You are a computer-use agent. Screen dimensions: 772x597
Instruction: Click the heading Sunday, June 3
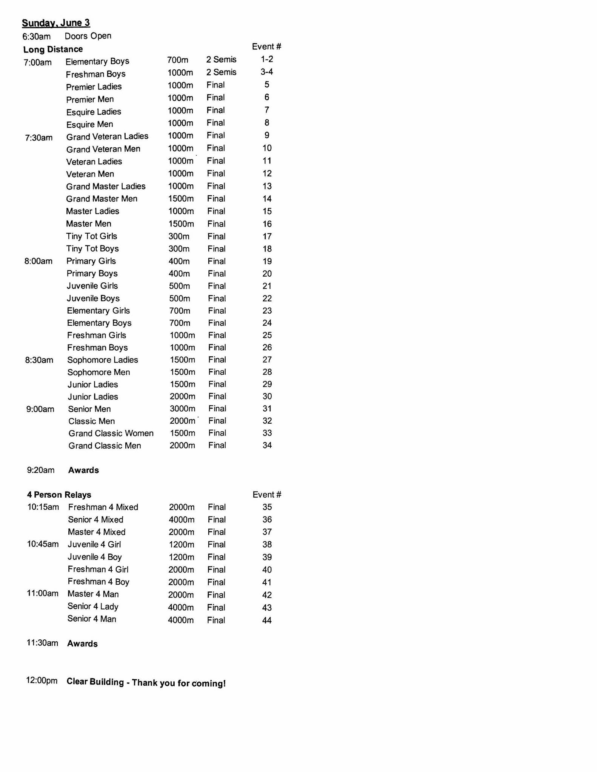pyautogui.click(x=56, y=23)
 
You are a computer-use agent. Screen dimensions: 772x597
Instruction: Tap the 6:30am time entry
pyautogui.click(x=36, y=37)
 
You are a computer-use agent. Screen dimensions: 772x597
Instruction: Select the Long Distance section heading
pyautogui.click(x=53, y=49)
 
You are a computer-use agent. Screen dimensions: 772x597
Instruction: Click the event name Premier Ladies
pyautogui.click(x=94, y=87)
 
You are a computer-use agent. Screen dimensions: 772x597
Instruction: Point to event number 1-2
pyautogui.click(x=267, y=59)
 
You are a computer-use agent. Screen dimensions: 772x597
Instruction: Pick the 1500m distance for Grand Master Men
pyautogui.click(x=181, y=199)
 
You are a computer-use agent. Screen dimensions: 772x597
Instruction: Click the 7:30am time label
pyautogui.click(x=38, y=138)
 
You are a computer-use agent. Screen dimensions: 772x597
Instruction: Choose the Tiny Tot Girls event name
pyautogui.click(x=91, y=236)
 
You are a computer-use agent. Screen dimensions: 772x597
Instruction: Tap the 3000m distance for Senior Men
pyautogui.click(x=182, y=409)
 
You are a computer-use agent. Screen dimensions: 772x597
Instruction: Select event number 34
pyautogui.click(x=267, y=445)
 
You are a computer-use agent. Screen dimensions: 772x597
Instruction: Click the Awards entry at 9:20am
pyautogui.click(x=83, y=470)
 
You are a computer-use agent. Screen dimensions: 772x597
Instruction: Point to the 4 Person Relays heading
pyautogui.click(x=59, y=495)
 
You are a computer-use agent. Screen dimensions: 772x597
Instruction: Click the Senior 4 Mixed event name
pyautogui.click(x=95, y=520)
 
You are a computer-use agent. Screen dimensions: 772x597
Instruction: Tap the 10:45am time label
pyautogui.click(x=43, y=544)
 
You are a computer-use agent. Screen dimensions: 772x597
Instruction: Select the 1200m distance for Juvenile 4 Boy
pyautogui.click(x=181, y=557)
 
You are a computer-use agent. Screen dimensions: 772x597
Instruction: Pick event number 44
pyautogui.click(x=266, y=620)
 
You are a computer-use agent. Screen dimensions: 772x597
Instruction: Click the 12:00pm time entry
pyautogui.click(x=42, y=680)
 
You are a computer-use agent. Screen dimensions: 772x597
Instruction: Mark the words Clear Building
pyautogui.click(x=95, y=682)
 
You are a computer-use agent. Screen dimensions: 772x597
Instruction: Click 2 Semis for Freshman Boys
pyautogui.click(x=221, y=72)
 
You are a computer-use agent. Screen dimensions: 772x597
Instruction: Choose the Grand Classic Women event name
pyautogui.click(x=111, y=433)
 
